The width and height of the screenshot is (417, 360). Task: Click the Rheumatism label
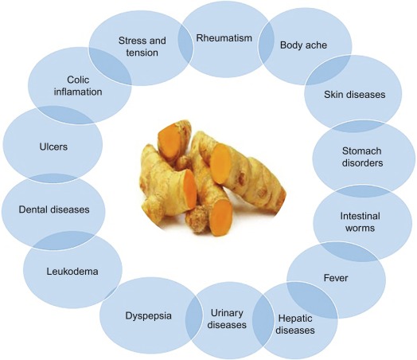tap(224, 38)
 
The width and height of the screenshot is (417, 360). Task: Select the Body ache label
tap(303, 45)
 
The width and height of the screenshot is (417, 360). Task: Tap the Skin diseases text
tap(354, 95)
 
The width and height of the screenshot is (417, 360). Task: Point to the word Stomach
tap(361, 151)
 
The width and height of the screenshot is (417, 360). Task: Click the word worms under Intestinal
tap(360, 228)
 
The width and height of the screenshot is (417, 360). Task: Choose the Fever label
tap(336, 278)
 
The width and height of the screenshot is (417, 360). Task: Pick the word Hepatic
tap(295, 319)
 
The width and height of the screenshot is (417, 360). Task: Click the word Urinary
tap(227, 313)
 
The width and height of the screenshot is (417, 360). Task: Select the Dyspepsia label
tap(148, 316)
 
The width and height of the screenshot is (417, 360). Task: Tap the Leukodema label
tap(72, 272)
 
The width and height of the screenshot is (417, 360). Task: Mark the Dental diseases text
tap(54, 209)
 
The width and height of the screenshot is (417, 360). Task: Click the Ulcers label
tap(53, 147)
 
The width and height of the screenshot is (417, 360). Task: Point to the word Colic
tap(78, 80)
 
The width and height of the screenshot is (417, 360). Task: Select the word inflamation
tap(78, 92)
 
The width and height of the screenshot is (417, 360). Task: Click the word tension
tap(142, 53)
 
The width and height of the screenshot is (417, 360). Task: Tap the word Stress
tap(132, 41)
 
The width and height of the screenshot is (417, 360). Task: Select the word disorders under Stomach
tap(362, 162)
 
